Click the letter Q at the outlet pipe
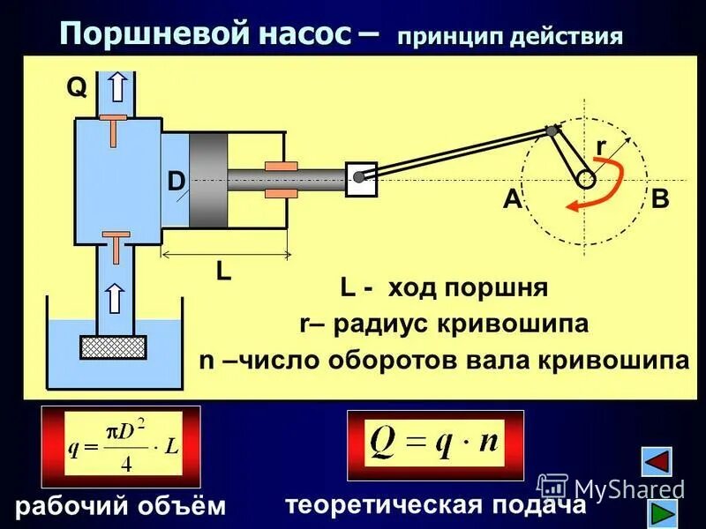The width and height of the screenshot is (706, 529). [x=76, y=87]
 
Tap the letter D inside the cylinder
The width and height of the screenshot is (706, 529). [x=176, y=183]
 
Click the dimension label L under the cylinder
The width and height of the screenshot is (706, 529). [x=224, y=272]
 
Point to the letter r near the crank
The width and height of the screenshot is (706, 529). [x=601, y=145]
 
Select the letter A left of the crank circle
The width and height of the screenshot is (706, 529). [x=513, y=200]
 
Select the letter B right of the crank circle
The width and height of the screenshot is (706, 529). [x=660, y=199]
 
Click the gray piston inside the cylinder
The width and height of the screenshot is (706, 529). [x=208, y=182]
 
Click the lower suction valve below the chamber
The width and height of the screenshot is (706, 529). [x=116, y=243]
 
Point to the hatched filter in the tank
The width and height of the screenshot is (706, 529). [x=113, y=346]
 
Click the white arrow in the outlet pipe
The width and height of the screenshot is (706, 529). [x=116, y=87]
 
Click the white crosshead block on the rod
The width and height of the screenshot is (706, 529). [x=361, y=177]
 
